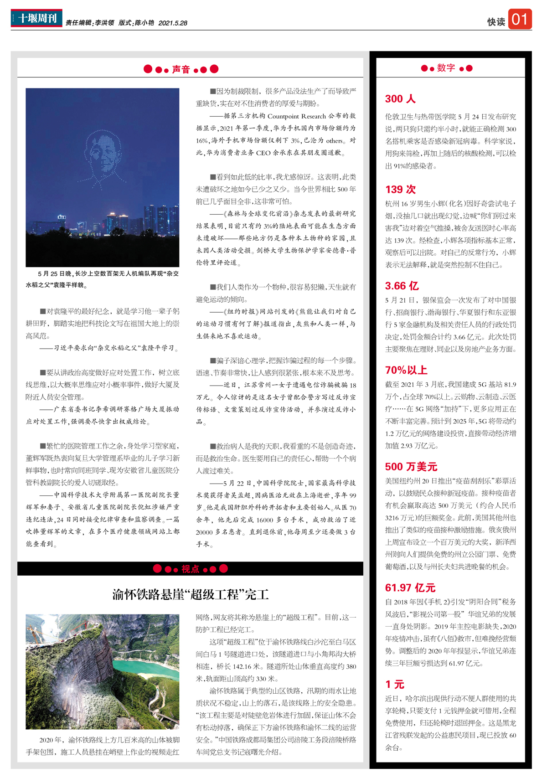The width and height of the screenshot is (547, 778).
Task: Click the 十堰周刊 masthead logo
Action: click(36, 18)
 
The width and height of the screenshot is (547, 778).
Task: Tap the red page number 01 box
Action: click(520, 20)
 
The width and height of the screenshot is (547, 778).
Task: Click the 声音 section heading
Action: click(181, 69)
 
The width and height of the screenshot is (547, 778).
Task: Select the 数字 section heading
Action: click(446, 68)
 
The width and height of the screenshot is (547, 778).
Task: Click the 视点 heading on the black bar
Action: click(190, 569)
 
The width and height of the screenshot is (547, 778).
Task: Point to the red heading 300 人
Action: click(400, 99)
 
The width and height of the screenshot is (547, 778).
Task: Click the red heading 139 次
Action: click(400, 190)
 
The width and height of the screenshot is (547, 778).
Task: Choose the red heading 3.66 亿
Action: click(402, 286)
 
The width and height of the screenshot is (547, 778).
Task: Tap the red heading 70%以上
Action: click(406, 370)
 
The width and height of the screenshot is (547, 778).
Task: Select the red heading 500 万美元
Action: click(411, 467)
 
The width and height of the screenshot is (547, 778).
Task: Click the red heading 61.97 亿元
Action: click(410, 588)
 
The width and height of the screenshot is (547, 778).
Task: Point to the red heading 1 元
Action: click(394, 685)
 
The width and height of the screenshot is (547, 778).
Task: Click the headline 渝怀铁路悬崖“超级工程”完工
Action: click(190, 595)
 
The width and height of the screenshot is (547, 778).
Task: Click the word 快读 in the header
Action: click(495, 22)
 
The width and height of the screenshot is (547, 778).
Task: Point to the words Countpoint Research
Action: click(296, 116)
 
